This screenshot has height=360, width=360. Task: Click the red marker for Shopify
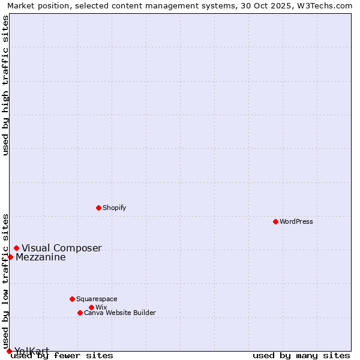click(x=98, y=208)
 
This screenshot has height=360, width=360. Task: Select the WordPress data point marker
click(x=275, y=221)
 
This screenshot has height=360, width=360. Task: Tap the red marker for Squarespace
click(x=72, y=299)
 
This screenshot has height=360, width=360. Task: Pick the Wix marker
click(x=91, y=307)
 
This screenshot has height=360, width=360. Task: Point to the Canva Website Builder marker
click(x=80, y=313)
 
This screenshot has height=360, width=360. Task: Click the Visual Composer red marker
click(x=16, y=248)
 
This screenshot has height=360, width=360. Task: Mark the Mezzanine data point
click(x=10, y=257)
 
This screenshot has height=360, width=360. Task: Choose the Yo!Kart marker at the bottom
click(x=9, y=351)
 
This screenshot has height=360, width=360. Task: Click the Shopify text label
click(x=114, y=208)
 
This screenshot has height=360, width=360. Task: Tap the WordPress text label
click(x=296, y=221)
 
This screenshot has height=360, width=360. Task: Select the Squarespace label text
click(x=97, y=299)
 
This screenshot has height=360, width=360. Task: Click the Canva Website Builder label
click(x=120, y=313)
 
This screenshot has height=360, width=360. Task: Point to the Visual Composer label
click(x=62, y=248)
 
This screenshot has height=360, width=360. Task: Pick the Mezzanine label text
click(x=41, y=257)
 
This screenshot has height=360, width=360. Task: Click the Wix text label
click(x=101, y=307)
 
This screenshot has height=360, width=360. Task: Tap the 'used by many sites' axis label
click(x=301, y=355)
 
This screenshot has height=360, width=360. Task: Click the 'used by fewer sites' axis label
click(x=62, y=355)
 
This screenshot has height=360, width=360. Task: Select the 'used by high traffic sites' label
click(x=5, y=85)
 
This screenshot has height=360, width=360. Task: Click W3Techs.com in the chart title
click(x=323, y=5)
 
